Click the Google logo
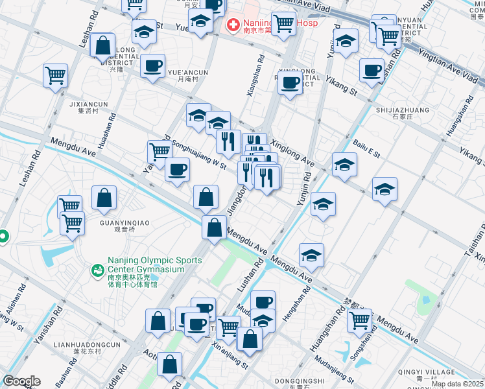click(21, 381)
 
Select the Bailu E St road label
click(366, 147)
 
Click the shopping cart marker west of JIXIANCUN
click(56, 75)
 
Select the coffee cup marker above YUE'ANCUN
click(152, 66)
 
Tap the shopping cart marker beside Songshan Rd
click(359, 319)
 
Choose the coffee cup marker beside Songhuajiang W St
click(176, 171)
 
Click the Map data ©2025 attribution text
click(457, 384)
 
